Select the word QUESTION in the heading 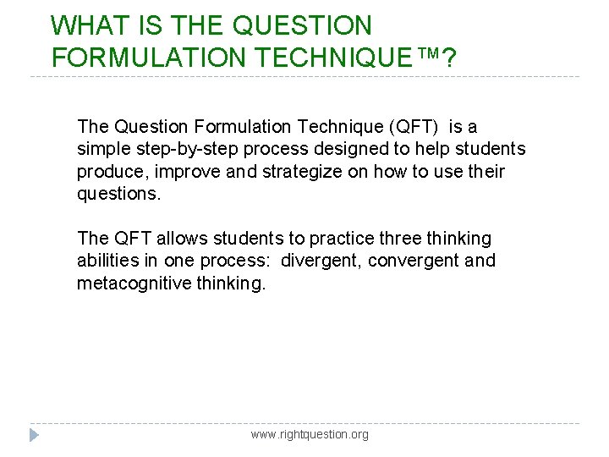click(302, 25)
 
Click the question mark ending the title click(449, 58)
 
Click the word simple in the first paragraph click(103, 150)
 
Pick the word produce click(108, 172)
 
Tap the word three click(397, 239)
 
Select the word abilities click(104, 261)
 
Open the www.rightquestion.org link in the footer click(310, 434)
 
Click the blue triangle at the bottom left click(34, 435)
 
